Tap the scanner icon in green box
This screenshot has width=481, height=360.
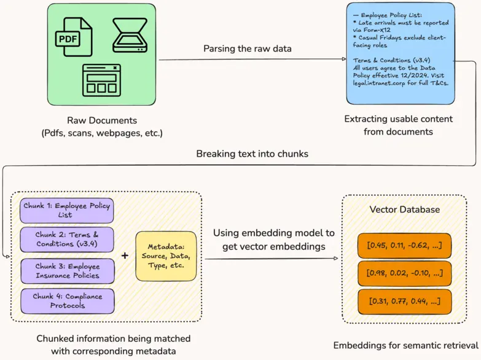click(129, 36)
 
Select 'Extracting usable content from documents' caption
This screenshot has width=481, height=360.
click(399, 125)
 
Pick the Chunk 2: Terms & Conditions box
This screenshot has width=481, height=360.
click(67, 240)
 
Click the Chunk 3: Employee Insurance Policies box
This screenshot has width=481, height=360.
click(67, 271)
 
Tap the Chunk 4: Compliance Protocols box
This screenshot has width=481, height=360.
click(67, 301)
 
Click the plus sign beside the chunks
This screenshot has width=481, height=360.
click(125, 256)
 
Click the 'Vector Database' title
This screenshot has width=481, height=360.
click(404, 209)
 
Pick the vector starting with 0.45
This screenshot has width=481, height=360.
click(404, 246)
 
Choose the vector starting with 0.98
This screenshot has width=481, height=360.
click(404, 273)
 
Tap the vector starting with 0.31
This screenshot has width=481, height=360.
click(404, 301)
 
